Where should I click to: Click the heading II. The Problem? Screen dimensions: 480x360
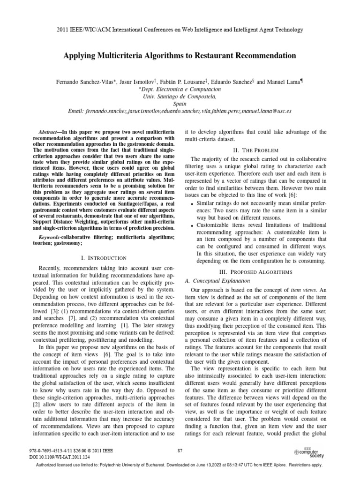pos(256,150)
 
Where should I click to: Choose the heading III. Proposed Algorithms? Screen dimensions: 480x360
pos(256,272)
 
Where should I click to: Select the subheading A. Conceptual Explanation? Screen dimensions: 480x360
pos(217,281)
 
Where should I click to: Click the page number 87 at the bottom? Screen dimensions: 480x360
pos(180,451)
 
